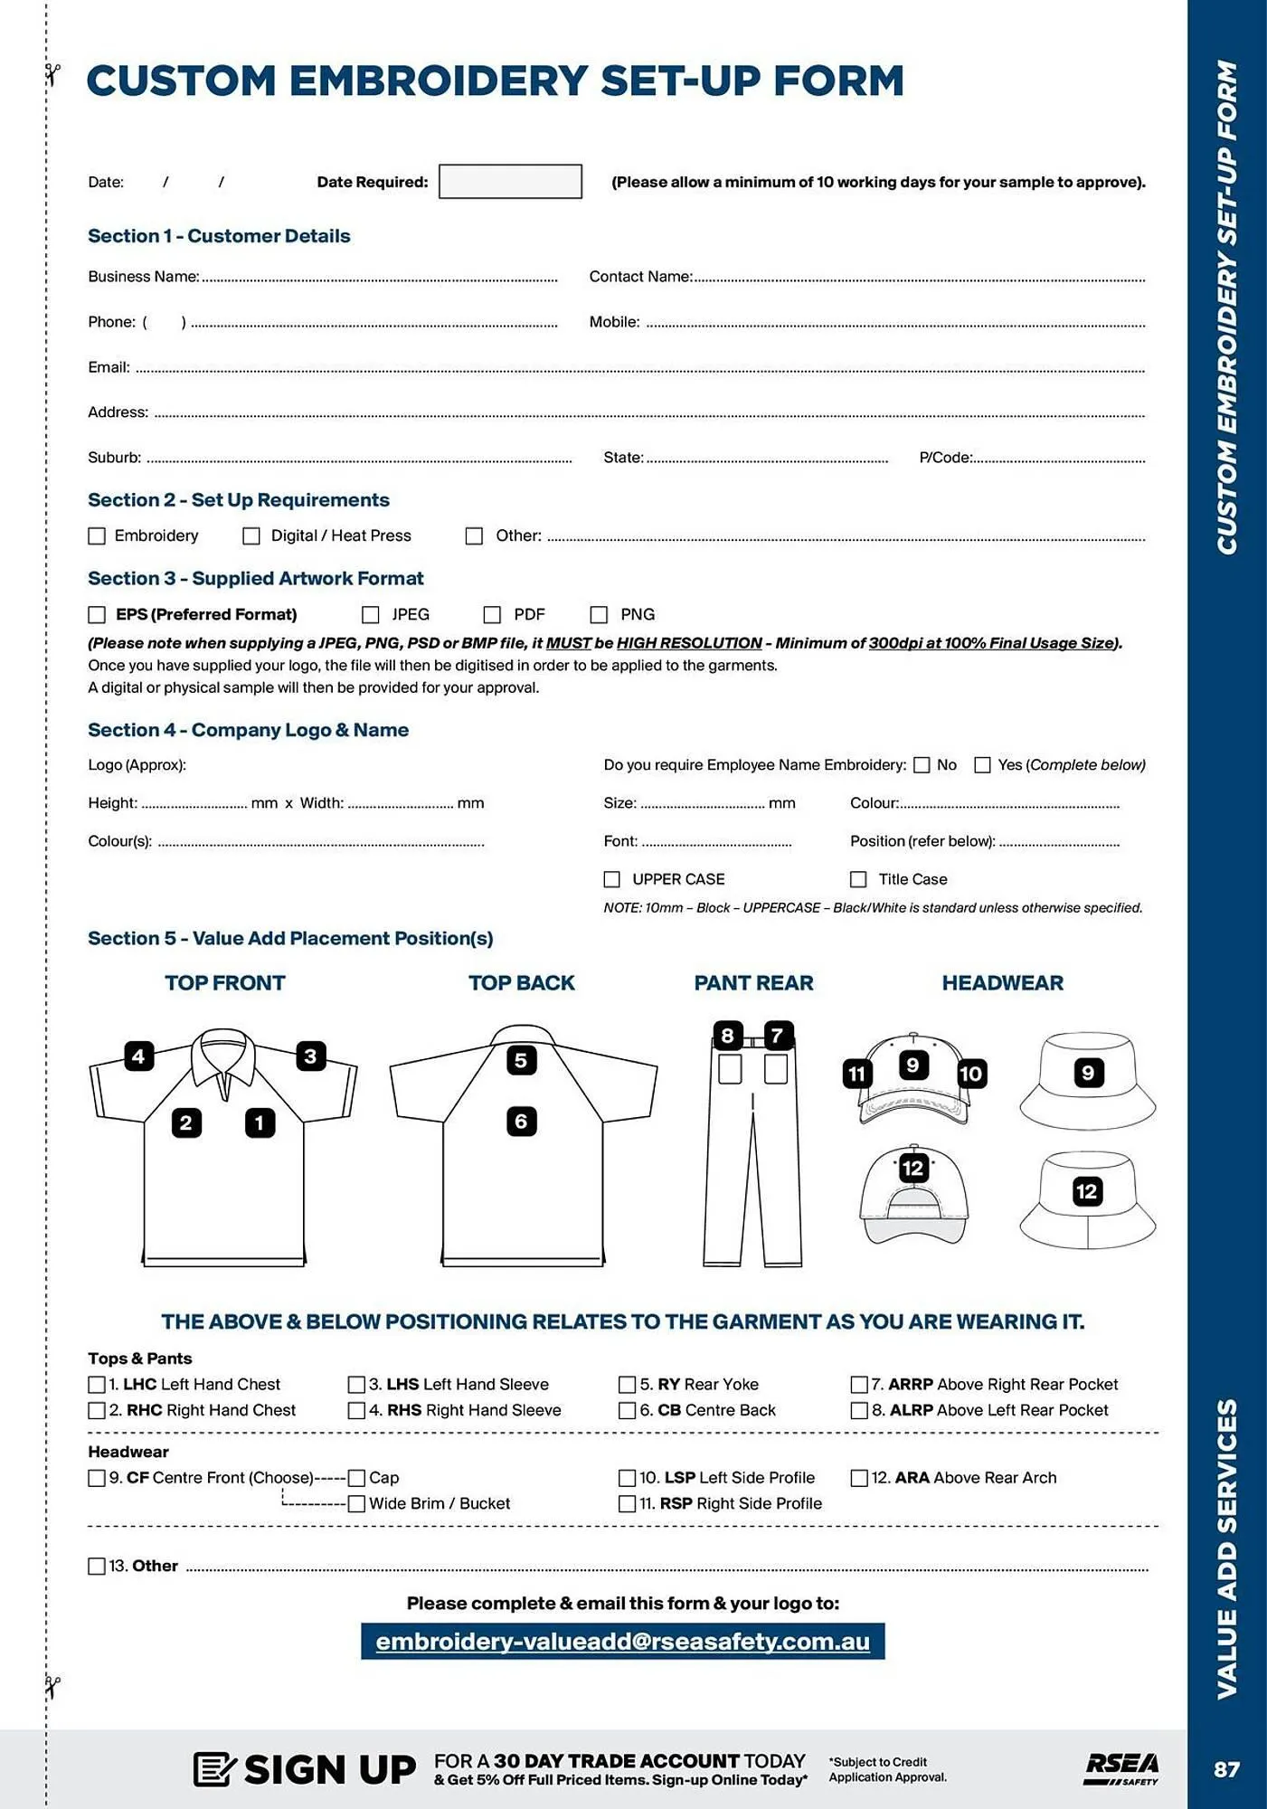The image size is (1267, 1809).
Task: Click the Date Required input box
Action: [510, 181]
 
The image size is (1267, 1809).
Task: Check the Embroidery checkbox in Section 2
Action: [97, 535]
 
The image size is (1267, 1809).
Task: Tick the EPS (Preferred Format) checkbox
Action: [97, 614]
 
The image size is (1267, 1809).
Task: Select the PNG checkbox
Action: [599, 614]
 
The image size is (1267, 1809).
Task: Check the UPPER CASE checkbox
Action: [612, 879]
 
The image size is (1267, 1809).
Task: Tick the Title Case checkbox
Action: [858, 879]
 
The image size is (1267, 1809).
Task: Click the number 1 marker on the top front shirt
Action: [260, 1122]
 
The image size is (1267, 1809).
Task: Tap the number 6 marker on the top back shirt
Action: [521, 1122]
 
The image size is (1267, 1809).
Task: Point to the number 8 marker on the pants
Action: [727, 1036]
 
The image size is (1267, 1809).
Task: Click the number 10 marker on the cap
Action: [970, 1074]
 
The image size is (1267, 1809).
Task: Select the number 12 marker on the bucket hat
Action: [1086, 1191]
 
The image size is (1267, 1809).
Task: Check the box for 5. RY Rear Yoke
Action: [627, 1385]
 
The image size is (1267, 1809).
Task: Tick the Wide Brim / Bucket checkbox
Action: [356, 1503]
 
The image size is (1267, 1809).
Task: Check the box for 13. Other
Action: [97, 1566]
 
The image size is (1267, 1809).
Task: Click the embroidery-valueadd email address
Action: [622, 1642]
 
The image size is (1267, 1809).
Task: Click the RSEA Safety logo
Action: [1121, 1768]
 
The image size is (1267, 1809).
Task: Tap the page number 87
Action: [1226, 1769]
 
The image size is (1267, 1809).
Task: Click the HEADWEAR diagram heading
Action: [1002, 983]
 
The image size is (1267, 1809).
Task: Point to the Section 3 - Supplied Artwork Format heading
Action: [255, 578]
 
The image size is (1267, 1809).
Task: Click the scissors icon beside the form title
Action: [52, 74]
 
